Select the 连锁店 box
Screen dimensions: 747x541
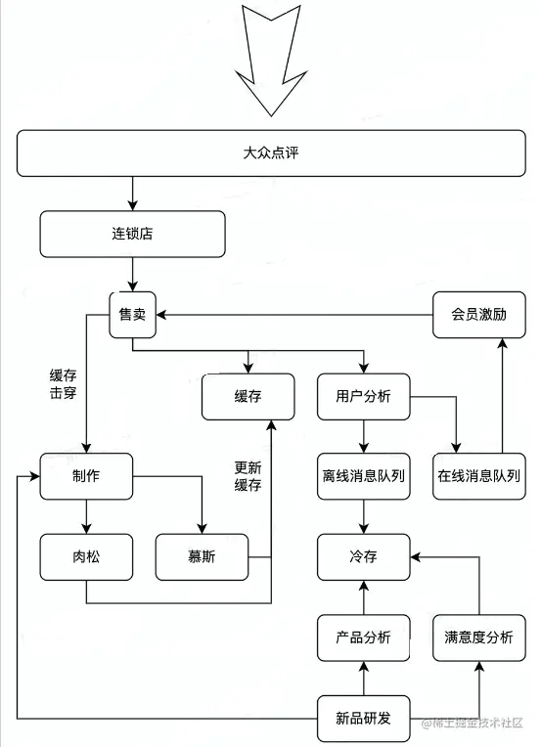pyautogui.click(x=132, y=235)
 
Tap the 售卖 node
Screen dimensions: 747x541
pyautogui.click(x=132, y=315)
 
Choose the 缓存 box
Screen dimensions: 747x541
pyautogui.click(x=248, y=396)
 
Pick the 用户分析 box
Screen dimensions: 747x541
pyautogui.click(x=363, y=396)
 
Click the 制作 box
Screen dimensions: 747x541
pyautogui.click(x=86, y=476)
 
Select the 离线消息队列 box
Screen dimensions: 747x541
pyautogui.click(x=363, y=476)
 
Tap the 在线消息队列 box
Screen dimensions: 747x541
pyautogui.click(x=478, y=476)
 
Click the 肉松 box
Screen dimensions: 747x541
pyautogui.click(x=86, y=556)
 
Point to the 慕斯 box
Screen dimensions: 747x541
pyautogui.click(x=202, y=556)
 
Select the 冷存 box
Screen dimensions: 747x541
pyautogui.click(x=363, y=556)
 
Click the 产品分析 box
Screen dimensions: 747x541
pyautogui.click(x=363, y=637)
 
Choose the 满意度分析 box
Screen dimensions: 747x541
pyautogui.click(x=478, y=637)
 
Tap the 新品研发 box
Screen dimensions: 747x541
pyautogui.click(x=363, y=719)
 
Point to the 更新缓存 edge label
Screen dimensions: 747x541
pyautogui.click(x=248, y=476)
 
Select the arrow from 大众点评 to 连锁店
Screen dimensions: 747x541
pyautogui.click(x=132, y=194)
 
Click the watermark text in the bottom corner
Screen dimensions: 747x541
pyautogui.click(x=473, y=723)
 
